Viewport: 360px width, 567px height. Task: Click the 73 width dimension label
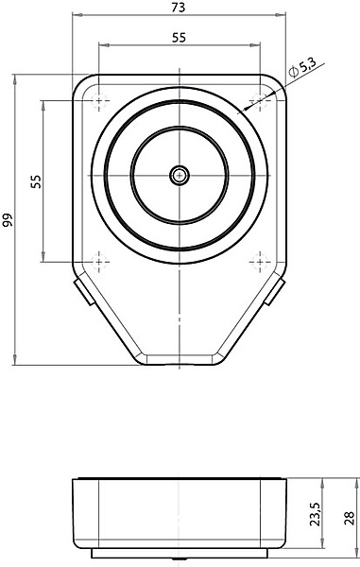coord(179,8)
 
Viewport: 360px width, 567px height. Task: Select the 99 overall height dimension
coord(8,220)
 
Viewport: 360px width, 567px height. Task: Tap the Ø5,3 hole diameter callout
coord(302,68)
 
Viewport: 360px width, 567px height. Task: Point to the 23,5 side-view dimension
coord(315,513)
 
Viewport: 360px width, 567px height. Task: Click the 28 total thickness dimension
coord(350,518)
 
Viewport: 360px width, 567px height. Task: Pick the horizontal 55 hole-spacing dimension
coord(179,37)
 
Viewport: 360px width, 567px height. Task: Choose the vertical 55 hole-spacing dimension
coord(36,181)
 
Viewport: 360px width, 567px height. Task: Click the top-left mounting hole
coord(98,100)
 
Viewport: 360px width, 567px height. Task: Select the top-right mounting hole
coord(260,100)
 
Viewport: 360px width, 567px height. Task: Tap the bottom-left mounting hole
coord(98,261)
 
